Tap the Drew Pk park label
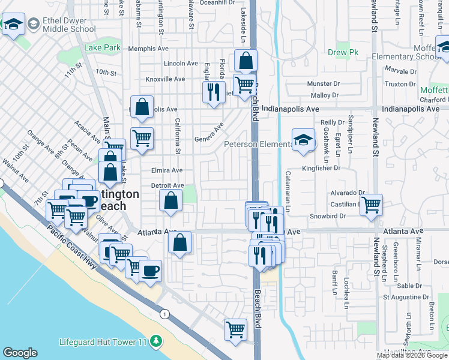coord(343,52)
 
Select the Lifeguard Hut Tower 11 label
coord(103,342)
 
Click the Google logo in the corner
coord(20,353)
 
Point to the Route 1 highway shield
coord(164,314)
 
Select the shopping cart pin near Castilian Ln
coord(372,205)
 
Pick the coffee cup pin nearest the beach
coord(151,271)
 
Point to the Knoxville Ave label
coord(165,79)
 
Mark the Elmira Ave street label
coord(167,170)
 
